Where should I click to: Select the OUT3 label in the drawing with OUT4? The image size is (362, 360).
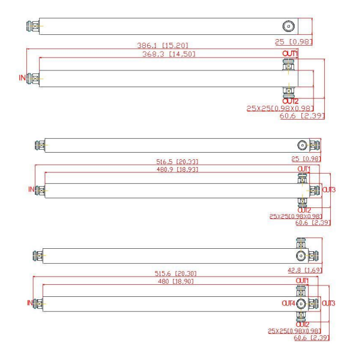(x=329, y=303)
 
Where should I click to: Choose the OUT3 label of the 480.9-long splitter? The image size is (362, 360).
(x=329, y=191)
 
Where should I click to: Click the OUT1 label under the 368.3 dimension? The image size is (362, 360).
(x=290, y=55)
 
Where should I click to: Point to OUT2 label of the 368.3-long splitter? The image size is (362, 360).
(x=290, y=101)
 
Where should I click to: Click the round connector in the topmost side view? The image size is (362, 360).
(x=288, y=26)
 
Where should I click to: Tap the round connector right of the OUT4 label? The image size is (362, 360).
(x=302, y=303)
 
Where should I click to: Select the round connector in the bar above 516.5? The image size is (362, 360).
(x=303, y=145)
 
